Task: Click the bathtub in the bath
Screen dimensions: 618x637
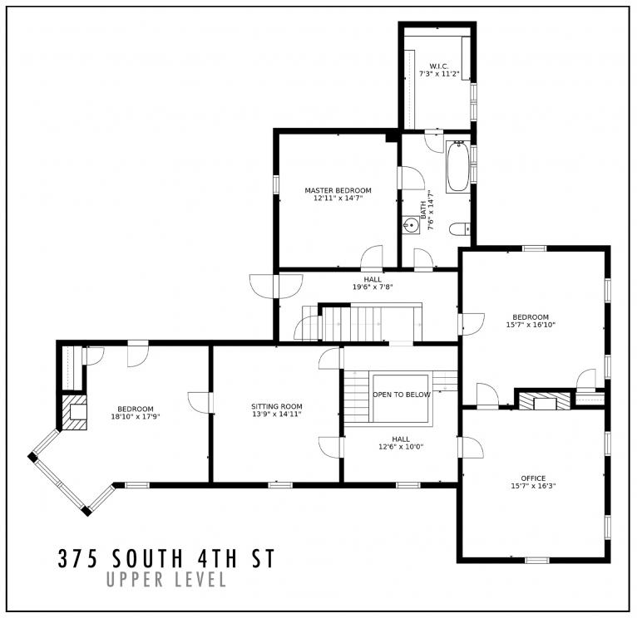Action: (x=457, y=167)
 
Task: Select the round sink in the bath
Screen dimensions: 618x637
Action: (x=410, y=225)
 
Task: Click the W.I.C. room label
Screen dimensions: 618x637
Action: (x=438, y=66)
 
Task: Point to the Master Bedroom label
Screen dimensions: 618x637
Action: (x=338, y=190)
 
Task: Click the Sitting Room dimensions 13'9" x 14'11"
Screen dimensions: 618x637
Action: (x=277, y=414)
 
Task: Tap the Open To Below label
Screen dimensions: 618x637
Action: (x=401, y=395)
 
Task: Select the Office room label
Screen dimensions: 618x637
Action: (x=533, y=478)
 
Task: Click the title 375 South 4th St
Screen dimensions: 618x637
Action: (x=165, y=557)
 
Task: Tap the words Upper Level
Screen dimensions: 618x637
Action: (x=166, y=580)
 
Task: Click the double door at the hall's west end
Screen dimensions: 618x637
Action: (x=265, y=286)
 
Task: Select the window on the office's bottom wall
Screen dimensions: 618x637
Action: (x=536, y=561)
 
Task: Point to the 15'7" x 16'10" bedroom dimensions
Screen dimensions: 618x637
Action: (x=531, y=325)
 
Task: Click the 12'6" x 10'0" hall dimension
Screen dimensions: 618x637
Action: (x=401, y=447)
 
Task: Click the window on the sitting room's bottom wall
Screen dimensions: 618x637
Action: (x=279, y=484)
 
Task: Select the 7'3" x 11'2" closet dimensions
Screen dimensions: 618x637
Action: (x=438, y=74)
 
